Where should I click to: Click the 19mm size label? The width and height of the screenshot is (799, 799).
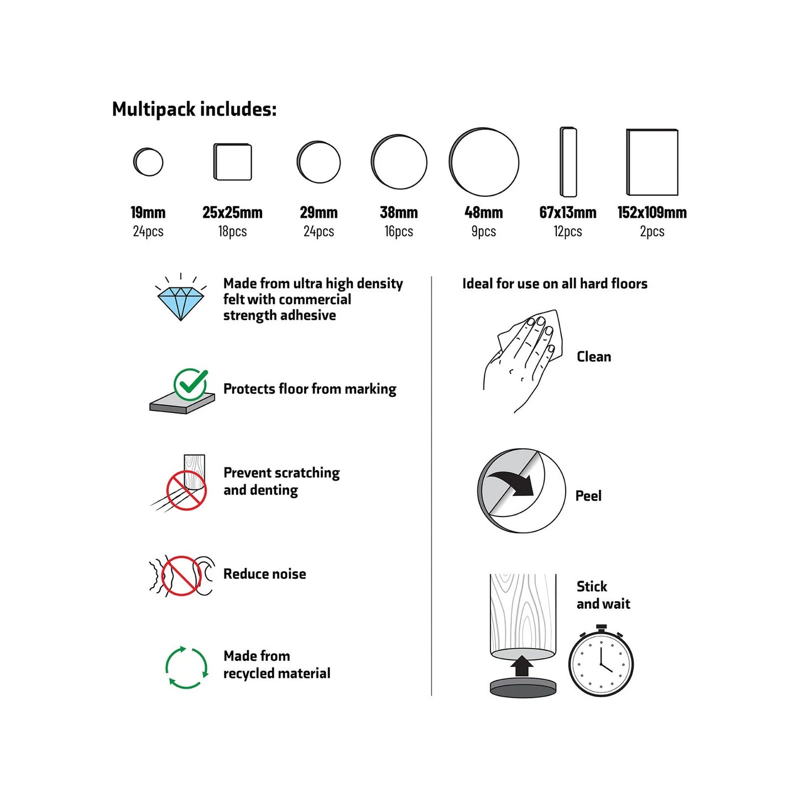148,212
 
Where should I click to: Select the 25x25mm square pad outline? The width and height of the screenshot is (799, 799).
233,162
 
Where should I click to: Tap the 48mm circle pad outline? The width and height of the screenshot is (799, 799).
484,162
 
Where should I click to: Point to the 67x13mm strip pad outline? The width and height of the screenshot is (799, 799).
568,162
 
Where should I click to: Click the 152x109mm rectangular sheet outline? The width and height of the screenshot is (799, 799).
652,162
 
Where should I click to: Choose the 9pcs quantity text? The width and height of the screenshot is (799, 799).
484,231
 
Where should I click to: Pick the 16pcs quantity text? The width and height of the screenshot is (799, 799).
399,231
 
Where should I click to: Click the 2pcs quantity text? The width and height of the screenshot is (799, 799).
652,231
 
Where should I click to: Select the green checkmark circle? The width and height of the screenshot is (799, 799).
191,384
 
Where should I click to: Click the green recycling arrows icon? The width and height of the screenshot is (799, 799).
186,667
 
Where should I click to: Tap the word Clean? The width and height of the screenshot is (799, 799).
594,357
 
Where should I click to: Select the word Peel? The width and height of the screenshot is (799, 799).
588,495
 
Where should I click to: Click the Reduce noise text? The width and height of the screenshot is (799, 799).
264,574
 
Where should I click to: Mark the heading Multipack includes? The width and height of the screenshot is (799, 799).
194,109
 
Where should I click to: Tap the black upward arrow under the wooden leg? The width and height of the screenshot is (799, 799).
522,666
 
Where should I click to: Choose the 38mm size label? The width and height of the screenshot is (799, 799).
399,212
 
